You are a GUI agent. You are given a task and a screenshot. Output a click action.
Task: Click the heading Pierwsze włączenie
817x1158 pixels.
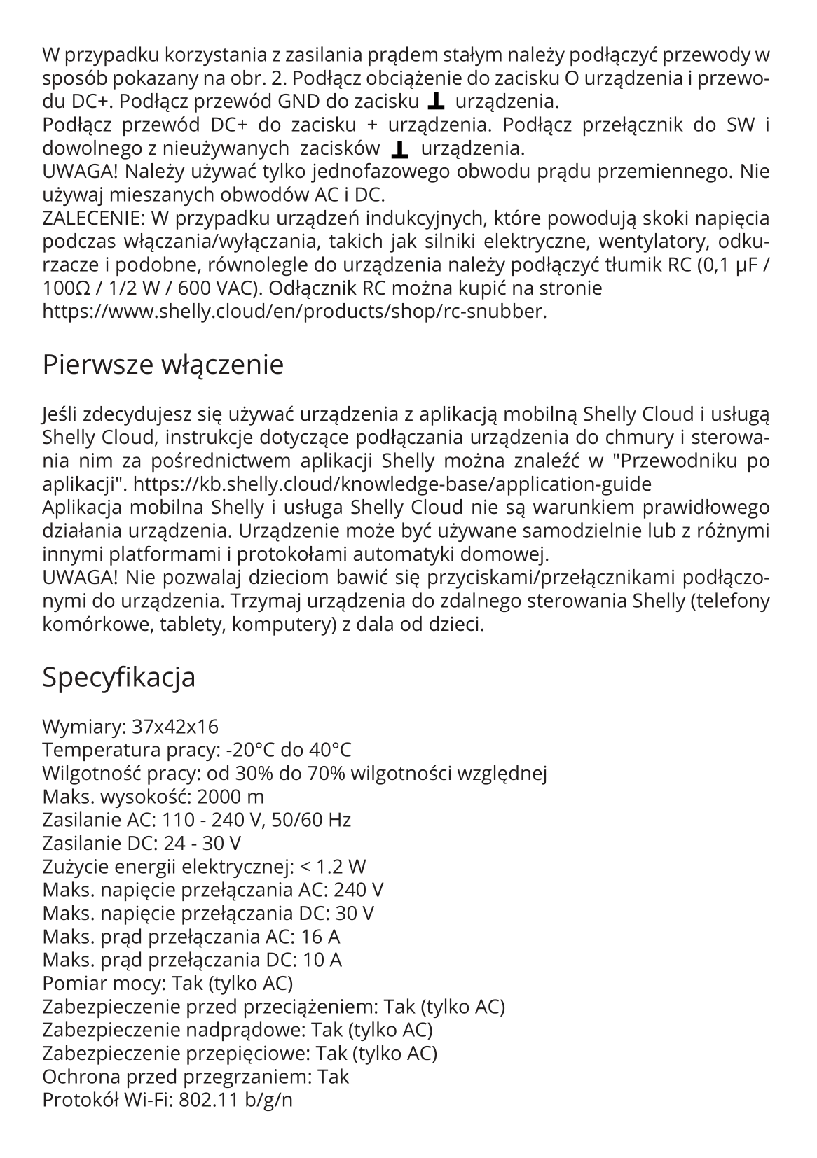163,365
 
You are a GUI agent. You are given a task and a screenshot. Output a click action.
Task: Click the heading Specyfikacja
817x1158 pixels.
118,677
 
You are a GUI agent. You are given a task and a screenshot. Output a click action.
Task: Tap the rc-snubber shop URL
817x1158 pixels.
294,312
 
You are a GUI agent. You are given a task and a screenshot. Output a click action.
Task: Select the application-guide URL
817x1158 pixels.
392,484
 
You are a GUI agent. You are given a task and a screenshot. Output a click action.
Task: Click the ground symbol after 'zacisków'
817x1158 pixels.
400,149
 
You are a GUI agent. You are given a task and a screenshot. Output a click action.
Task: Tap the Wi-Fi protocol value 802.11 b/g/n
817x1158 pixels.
235,1099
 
